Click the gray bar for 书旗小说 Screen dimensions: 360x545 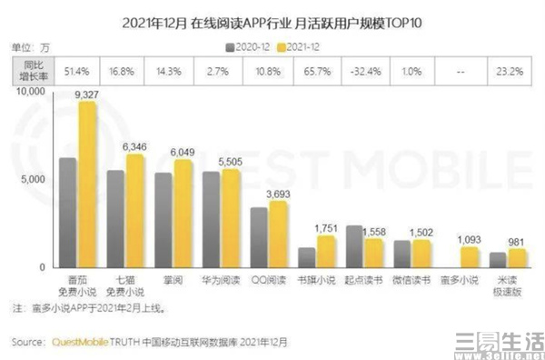point(306,256)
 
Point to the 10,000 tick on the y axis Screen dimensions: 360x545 point(30,92)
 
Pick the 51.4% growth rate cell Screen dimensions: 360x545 point(75,70)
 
